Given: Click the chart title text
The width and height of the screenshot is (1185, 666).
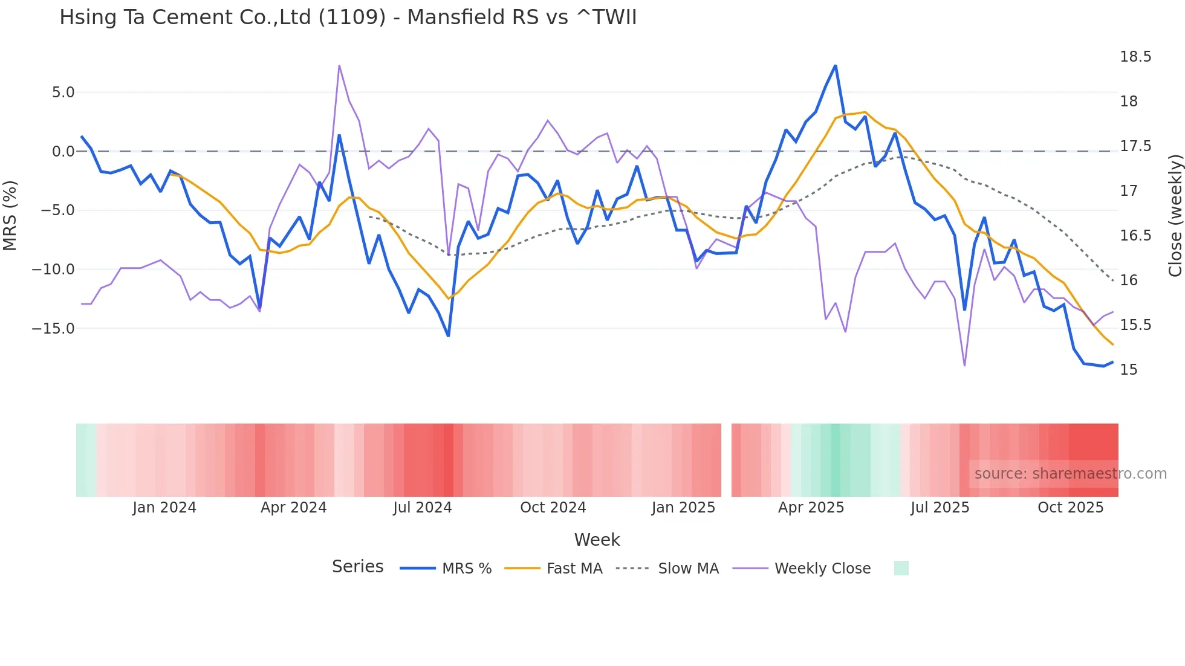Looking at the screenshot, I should pyautogui.click(x=348, y=17).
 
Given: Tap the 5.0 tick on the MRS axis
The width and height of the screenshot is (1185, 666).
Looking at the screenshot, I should pyautogui.click(x=63, y=92).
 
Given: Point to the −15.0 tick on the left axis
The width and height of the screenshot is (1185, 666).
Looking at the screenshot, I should pyautogui.click(x=53, y=329).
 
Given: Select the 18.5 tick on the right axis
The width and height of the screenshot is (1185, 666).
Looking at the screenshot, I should pyautogui.click(x=1135, y=57).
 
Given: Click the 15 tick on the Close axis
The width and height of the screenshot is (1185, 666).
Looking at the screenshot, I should pyautogui.click(x=1128, y=370).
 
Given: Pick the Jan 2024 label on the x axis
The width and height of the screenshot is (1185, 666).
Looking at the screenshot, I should pyautogui.click(x=164, y=508).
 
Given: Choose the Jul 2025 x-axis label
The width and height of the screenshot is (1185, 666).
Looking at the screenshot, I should pyautogui.click(x=940, y=508).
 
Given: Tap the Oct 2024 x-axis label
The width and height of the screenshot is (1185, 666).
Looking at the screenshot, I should pyautogui.click(x=553, y=508).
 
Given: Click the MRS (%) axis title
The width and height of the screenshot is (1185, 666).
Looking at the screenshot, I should pyautogui.click(x=10, y=215).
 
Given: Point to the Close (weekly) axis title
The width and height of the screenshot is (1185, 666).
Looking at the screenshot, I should pyautogui.click(x=1175, y=215).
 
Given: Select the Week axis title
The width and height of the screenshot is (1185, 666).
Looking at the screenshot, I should pyautogui.click(x=597, y=540).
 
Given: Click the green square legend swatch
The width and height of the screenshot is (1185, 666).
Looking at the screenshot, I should pyautogui.click(x=901, y=568).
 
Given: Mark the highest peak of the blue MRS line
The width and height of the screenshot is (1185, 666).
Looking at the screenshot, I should pyautogui.click(x=836, y=66).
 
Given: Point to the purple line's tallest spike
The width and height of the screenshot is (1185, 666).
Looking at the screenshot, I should pyautogui.click(x=339, y=65).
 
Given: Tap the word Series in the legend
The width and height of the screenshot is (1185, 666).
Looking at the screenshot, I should pyautogui.click(x=357, y=567).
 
